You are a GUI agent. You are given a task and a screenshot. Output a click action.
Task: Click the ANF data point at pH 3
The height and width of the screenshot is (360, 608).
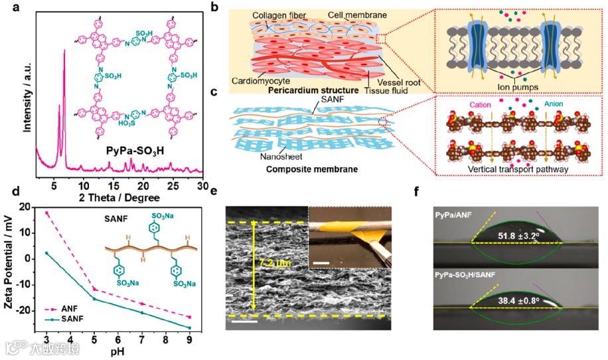46,213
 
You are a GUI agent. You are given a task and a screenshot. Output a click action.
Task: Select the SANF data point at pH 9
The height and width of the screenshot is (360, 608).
190,328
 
